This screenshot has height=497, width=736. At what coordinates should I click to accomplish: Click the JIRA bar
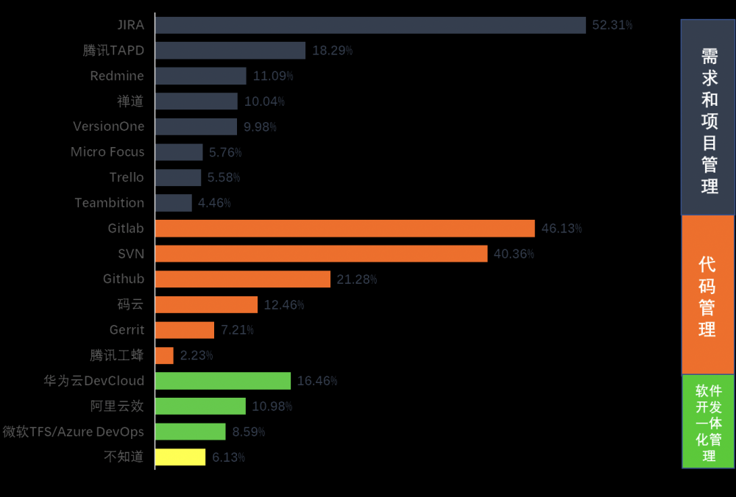click(x=370, y=25)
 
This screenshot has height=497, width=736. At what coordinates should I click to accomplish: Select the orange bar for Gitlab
click(x=345, y=229)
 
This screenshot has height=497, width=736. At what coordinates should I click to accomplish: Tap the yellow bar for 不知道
click(x=180, y=457)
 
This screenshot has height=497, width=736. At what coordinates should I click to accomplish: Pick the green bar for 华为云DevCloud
click(x=223, y=381)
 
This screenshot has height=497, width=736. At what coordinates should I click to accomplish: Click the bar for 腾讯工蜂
click(x=165, y=356)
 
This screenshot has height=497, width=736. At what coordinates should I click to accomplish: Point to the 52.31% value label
click(x=612, y=25)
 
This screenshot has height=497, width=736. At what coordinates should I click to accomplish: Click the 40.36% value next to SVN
click(x=514, y=254)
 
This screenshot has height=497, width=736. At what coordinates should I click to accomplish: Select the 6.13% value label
click(x=228, y=457)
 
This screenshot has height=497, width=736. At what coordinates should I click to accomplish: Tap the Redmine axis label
click(x=117, y=76)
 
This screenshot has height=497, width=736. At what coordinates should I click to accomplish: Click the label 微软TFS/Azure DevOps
click(x=74, y=432)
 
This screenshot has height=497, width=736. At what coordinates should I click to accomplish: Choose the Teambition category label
click(x=110, y=203)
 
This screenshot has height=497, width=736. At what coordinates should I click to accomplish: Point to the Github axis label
click(x=124, y=279)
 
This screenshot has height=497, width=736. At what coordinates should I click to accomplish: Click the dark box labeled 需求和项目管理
click(x=708, y=118)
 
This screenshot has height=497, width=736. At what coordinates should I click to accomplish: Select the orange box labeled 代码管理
click(x=708, y=295)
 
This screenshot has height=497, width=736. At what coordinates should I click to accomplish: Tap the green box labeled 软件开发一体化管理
click(x=708, y=421)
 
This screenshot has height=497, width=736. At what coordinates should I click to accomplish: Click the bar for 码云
click(x=206, y=305)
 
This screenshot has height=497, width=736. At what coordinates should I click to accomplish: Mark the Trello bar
click(x=178, y=178)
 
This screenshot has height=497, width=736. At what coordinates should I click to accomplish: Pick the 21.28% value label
click(x=357, y=279)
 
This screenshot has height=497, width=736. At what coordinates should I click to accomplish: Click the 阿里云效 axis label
click(x=118, y=407)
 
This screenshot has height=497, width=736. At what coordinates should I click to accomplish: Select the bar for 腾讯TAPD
click(x=230, y=51)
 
